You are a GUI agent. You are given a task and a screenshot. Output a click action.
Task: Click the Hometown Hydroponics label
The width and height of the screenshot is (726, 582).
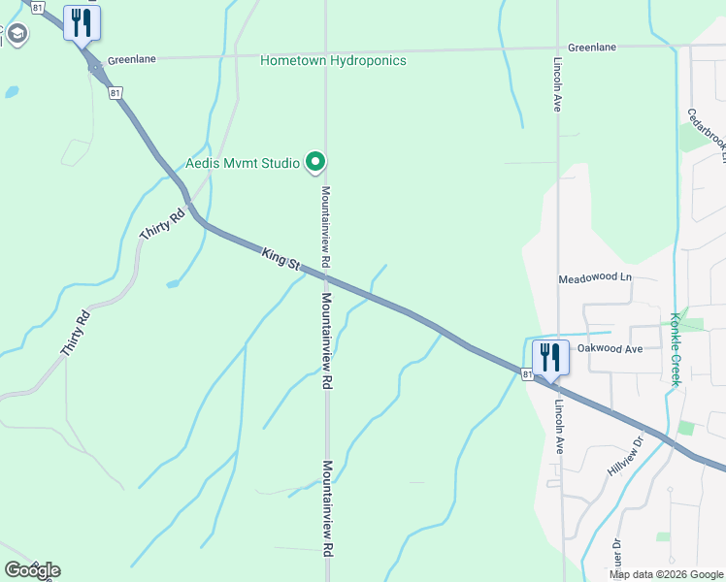point(333,61)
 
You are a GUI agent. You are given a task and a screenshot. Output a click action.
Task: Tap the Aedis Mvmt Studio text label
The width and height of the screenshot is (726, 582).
point(243,163)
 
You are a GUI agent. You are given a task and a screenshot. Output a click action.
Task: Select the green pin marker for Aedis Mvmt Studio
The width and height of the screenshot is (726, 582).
point(314,162)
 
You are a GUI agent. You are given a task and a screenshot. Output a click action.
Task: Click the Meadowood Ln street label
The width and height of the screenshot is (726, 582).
point(595,279)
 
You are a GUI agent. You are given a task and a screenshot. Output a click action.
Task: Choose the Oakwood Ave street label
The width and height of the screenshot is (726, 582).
point(610,349)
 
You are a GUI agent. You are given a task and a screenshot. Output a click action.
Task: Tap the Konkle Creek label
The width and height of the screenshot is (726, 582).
point(675,348)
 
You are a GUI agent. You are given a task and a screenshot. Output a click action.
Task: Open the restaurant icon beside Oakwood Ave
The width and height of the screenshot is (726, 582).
point(550,356)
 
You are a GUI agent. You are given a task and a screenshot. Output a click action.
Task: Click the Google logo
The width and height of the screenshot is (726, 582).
point(32,570)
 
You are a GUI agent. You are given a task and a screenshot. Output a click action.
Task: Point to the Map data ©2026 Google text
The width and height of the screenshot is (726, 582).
point(666,574)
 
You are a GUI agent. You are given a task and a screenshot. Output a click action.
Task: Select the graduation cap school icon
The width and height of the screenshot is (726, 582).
point(16,35)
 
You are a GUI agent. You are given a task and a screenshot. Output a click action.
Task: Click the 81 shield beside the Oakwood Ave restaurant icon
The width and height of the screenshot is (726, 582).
point(526,373)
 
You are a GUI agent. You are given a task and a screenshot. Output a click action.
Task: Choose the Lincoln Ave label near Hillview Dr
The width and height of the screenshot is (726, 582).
point(559,427)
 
